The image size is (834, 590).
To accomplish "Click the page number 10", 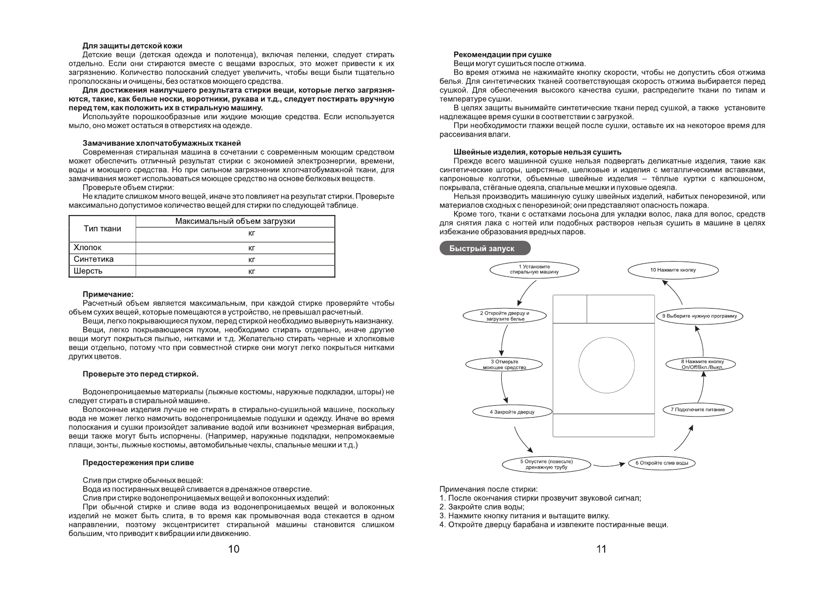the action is click(233, 549).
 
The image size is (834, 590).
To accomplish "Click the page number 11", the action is click(601, 549).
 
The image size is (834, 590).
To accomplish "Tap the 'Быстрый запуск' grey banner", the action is click(484, 248).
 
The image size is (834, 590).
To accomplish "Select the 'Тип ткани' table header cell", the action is click(102, 228).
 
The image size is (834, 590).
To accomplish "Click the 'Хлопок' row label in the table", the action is click(88, 247).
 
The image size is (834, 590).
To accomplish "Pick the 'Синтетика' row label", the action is click(94, 259).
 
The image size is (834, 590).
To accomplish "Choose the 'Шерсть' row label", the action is click(88, 271).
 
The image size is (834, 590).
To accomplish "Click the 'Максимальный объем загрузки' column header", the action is click(235, 221).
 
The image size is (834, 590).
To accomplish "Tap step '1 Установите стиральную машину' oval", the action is click(534, 269).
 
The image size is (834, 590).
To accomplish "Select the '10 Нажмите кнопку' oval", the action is click(673, 270).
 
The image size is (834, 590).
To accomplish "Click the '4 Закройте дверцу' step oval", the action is click(512, 412).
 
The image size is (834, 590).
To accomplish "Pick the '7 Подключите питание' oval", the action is click(697, 410).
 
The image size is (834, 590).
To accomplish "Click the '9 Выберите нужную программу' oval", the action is click(699, 316).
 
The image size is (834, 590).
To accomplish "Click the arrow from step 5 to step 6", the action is click(608, 465).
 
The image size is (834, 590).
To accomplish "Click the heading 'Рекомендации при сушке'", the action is click(502, 54).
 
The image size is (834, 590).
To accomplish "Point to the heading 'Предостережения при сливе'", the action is click(138, 463).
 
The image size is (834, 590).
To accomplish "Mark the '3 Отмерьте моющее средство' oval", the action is click(504, 365).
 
